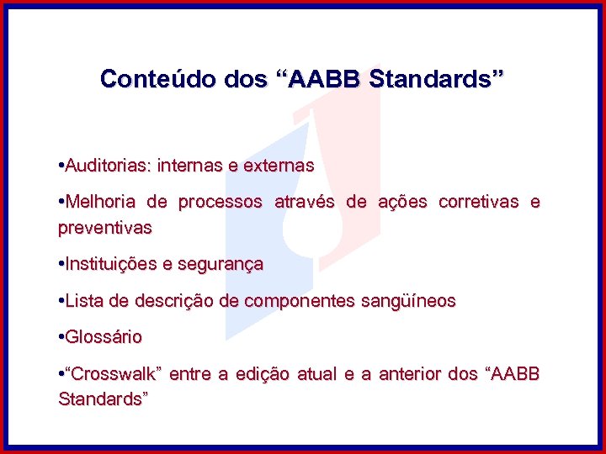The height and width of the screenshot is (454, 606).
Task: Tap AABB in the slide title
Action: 325,79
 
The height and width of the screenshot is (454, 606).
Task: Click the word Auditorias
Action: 107,166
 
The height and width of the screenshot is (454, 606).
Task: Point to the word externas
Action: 279,166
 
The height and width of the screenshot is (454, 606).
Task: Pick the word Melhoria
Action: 101,203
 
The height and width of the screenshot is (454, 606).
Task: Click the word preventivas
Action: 105,228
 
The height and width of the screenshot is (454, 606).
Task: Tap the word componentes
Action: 306,301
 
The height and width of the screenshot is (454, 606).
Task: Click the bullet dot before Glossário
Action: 61,337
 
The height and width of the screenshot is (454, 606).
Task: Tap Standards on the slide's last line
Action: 102,399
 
